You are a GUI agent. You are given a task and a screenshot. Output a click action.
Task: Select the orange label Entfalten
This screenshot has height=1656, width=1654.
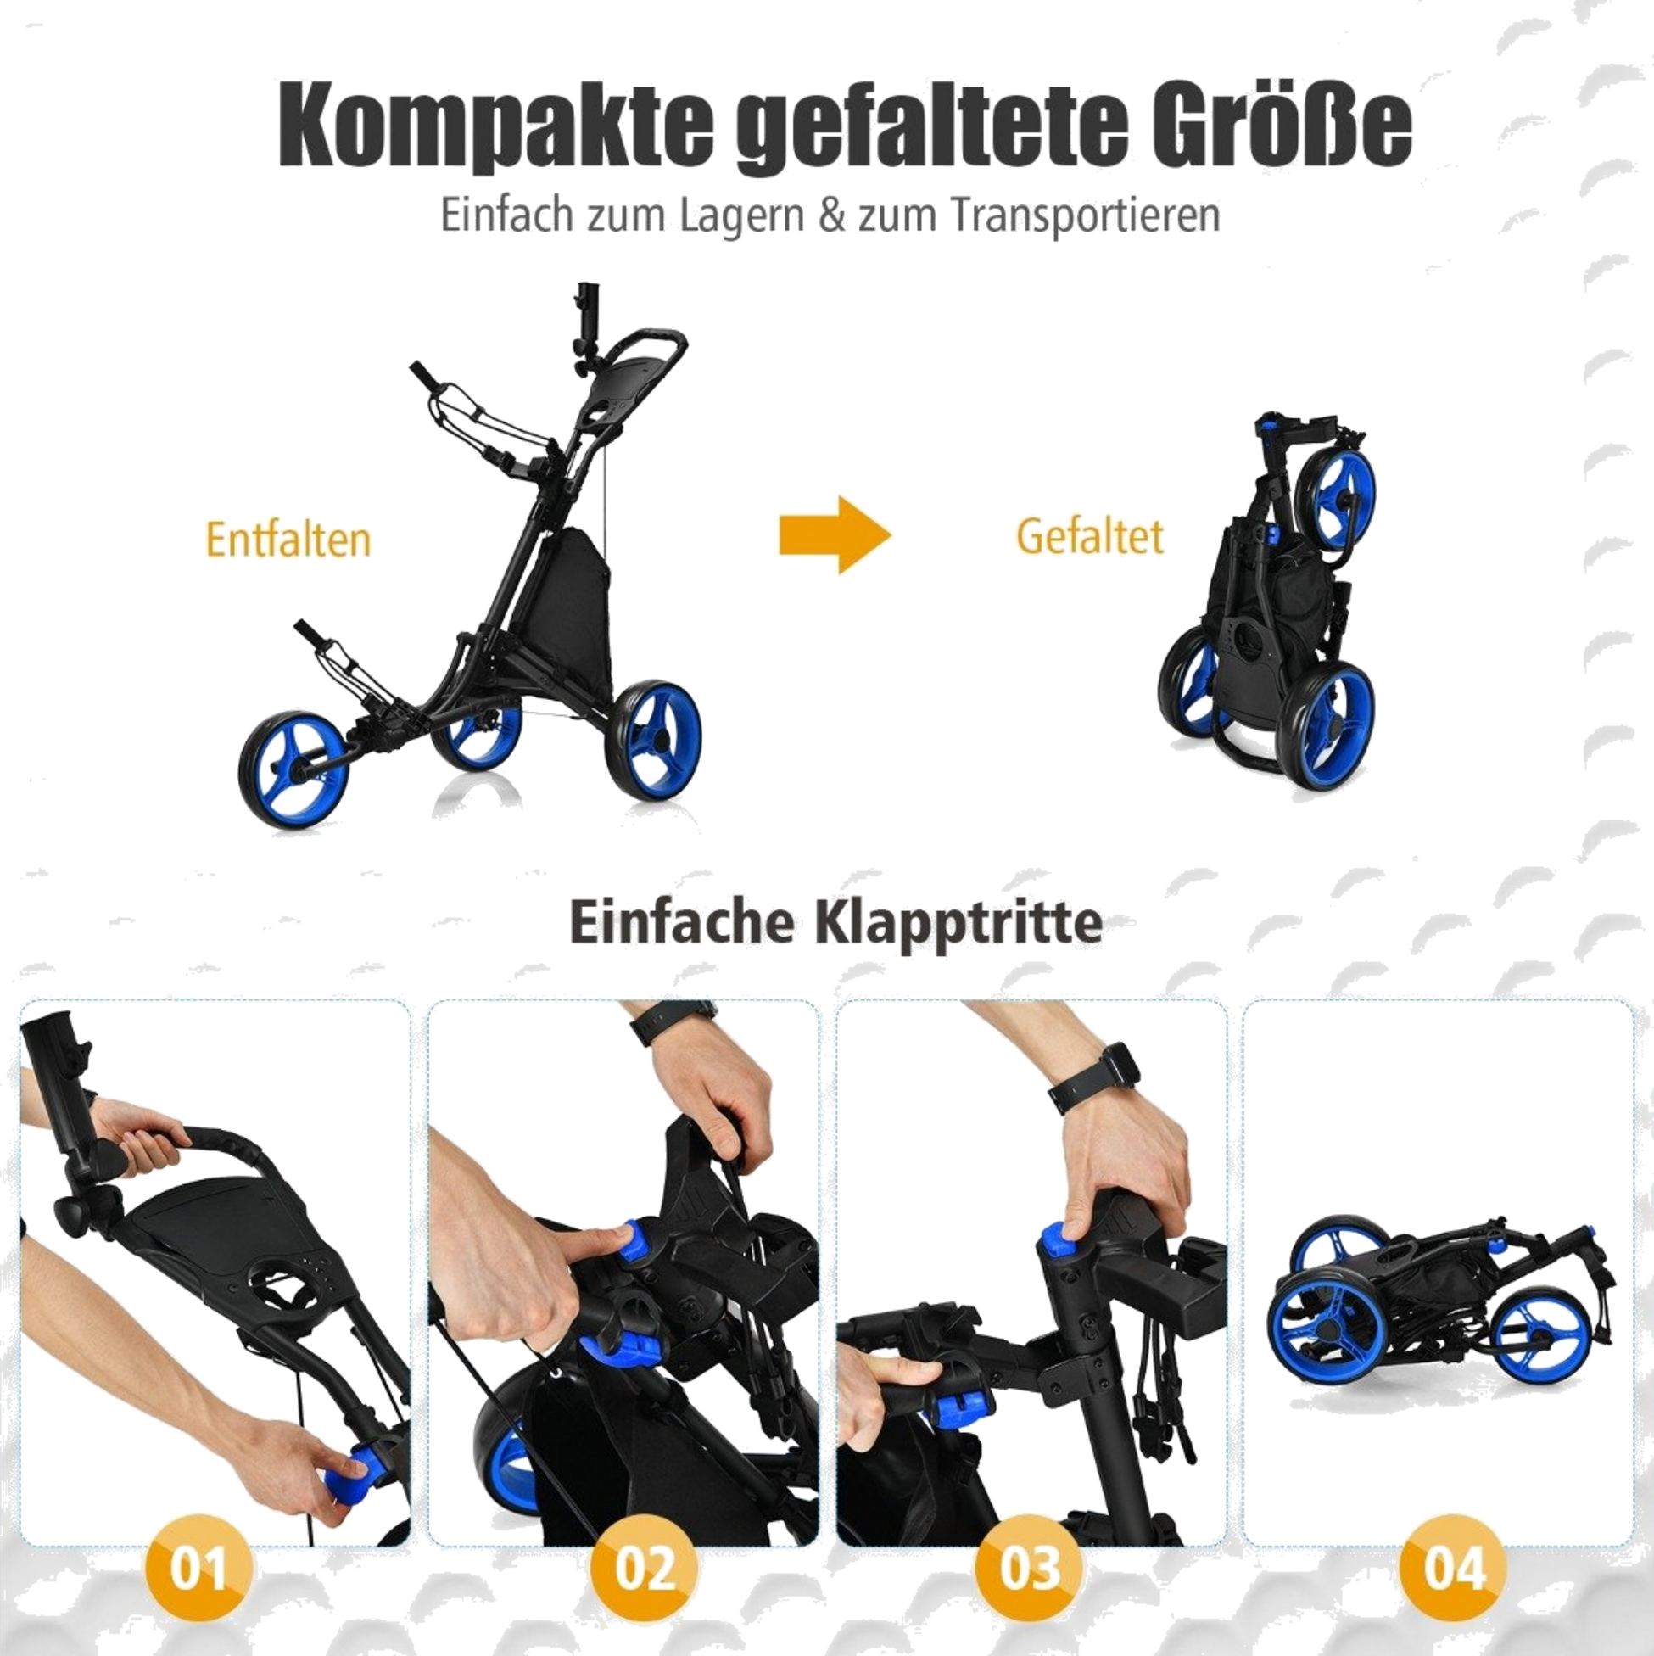click(288, 540)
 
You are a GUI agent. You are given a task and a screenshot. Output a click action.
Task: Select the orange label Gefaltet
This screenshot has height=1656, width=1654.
click(1089, 536)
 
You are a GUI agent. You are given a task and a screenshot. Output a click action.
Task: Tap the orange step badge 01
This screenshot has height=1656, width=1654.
click(199, 1568)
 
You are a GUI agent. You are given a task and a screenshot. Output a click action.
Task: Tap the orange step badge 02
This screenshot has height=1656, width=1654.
click(645, 1568)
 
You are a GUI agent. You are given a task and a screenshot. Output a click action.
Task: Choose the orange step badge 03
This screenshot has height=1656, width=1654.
click(1029, 1568)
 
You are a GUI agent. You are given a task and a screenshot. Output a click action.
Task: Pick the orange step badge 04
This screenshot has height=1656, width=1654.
click(1453, 1568)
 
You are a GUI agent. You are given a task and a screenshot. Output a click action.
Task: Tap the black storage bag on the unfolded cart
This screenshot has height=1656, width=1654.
click(573, 583)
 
